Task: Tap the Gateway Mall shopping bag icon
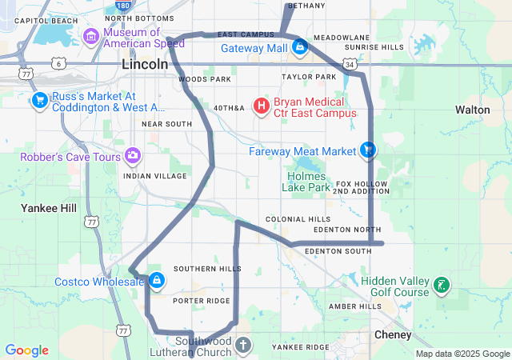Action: pyautogui.click(x=300, y=49)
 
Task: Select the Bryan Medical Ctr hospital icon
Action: pyautogui.click(x=262, y=106)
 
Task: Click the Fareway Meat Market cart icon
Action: pyautogui.click(x=368, y=150)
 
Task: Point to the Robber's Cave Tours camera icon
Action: pyautogui.click(x=133, y=155)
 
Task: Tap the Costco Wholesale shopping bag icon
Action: pyautogui.click(x=157, y=281)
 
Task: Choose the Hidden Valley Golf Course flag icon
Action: pyautogui.click(x=442, y=285)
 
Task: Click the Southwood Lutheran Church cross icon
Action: pyautogui.click(x=243, y=346)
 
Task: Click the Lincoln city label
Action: pyautogui.click(x=145, y=63)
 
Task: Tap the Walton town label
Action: pyautogui.click(x=472, y=109)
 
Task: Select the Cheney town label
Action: pyautogui.click(x=393, y=334)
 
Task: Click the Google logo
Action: pyautogui.click(x=26, y=350)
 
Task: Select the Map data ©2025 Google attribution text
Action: pyautogui.click(x=462, y=354)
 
